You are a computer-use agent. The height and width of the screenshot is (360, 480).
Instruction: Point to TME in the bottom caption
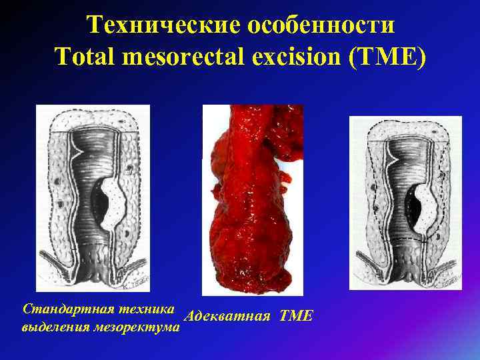[296, 315]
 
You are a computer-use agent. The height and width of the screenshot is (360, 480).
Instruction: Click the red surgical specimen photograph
[250, 200]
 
